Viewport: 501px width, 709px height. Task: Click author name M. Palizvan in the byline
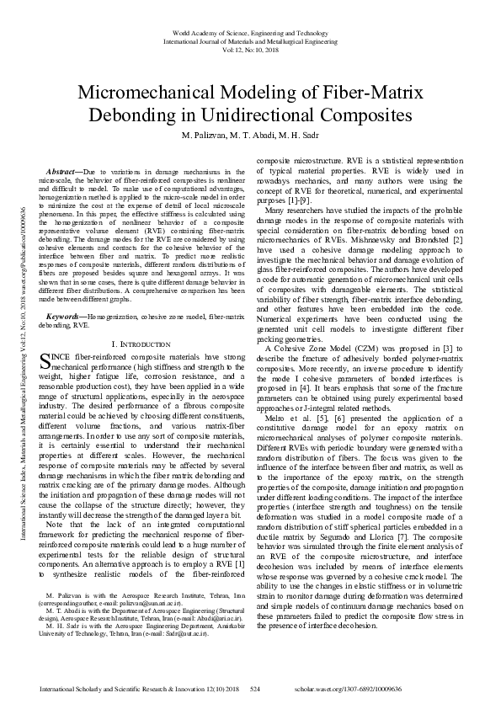pyautogui.click(x=204, y=136)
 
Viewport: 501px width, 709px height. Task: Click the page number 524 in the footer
pyautogui.click(x=256, y=689)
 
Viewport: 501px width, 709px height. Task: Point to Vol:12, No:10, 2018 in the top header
pyautogui.click(x=250, y=48)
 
